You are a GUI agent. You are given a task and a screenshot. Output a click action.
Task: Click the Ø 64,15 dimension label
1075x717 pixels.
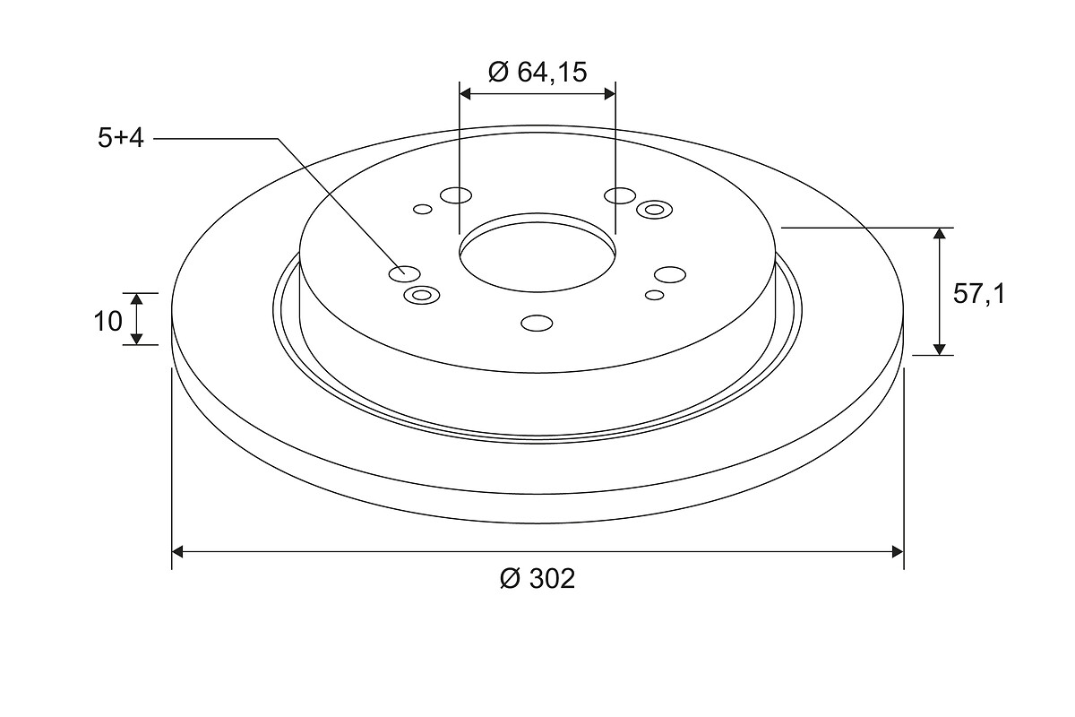537,73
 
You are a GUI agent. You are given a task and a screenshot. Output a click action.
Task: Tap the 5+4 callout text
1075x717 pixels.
120,139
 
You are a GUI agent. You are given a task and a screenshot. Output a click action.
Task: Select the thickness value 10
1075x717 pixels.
108,321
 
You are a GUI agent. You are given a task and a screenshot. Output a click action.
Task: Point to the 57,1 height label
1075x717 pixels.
978,293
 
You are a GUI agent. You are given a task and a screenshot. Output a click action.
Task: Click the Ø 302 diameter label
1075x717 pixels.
537,578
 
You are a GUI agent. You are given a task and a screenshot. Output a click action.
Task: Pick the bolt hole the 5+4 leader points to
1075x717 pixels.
405,273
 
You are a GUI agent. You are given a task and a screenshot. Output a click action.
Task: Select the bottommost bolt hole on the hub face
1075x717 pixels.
537,324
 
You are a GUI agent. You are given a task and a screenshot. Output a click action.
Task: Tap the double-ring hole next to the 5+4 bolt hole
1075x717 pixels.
422,295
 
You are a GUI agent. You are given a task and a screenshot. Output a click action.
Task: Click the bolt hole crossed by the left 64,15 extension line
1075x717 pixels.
456,195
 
